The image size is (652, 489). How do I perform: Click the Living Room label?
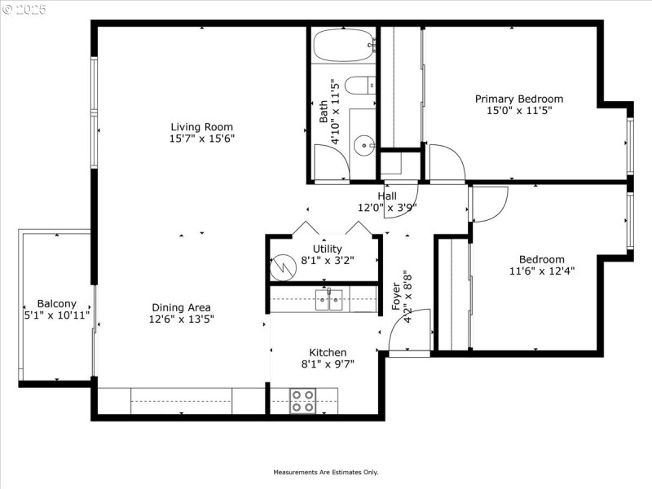pyautogui.click(x=201, y=126)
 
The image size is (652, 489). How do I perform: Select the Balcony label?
pyautogui.click(x=56, y=303)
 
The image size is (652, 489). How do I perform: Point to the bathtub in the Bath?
pyautogui.click(x=343, y=46)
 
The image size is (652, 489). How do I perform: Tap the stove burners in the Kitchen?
pyautogui.click(x=303, y=401)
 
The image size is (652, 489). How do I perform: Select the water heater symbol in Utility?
pyautogui.click(x=284, y=266)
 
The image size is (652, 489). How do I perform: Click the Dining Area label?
pyautogui.click(x=181, y=307)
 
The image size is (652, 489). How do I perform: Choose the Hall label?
pyautogui.click(x=387, y=196)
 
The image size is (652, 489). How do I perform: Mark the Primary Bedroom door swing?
pyautogui.click(x=447, y=163)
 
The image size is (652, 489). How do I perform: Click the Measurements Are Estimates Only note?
pyautogui.click(x=326, y=472)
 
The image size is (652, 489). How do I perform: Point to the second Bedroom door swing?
pyautogui.click(x=489, y=204)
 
